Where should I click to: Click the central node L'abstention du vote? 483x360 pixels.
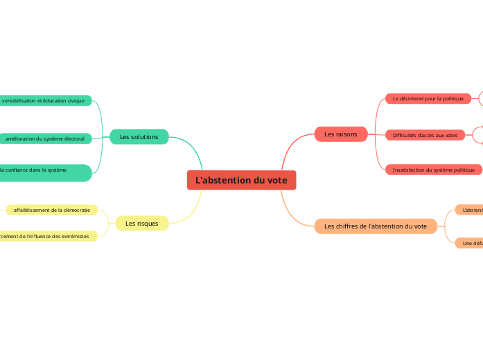pos(241,180)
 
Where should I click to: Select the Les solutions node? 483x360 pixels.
pos(139,137)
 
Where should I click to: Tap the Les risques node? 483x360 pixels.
pos(141,223)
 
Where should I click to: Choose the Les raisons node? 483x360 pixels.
pos(341,134)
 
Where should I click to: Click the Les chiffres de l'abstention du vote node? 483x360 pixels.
pos(376,226)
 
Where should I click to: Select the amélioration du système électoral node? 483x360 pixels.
pos(44,139)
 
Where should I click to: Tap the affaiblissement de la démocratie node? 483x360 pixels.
pos(52,210)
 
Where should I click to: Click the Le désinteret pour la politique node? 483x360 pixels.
pos(428,99)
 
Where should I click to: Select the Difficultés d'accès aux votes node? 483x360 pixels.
pos(425,135)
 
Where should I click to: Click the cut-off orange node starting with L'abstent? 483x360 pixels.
pos(471,210)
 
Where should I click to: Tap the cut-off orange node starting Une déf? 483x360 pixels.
pos(471,243)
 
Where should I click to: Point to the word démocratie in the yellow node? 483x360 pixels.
pos(76,210)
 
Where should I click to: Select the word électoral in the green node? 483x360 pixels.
pos(71,139)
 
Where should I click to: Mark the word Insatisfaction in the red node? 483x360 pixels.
pos(409,170)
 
